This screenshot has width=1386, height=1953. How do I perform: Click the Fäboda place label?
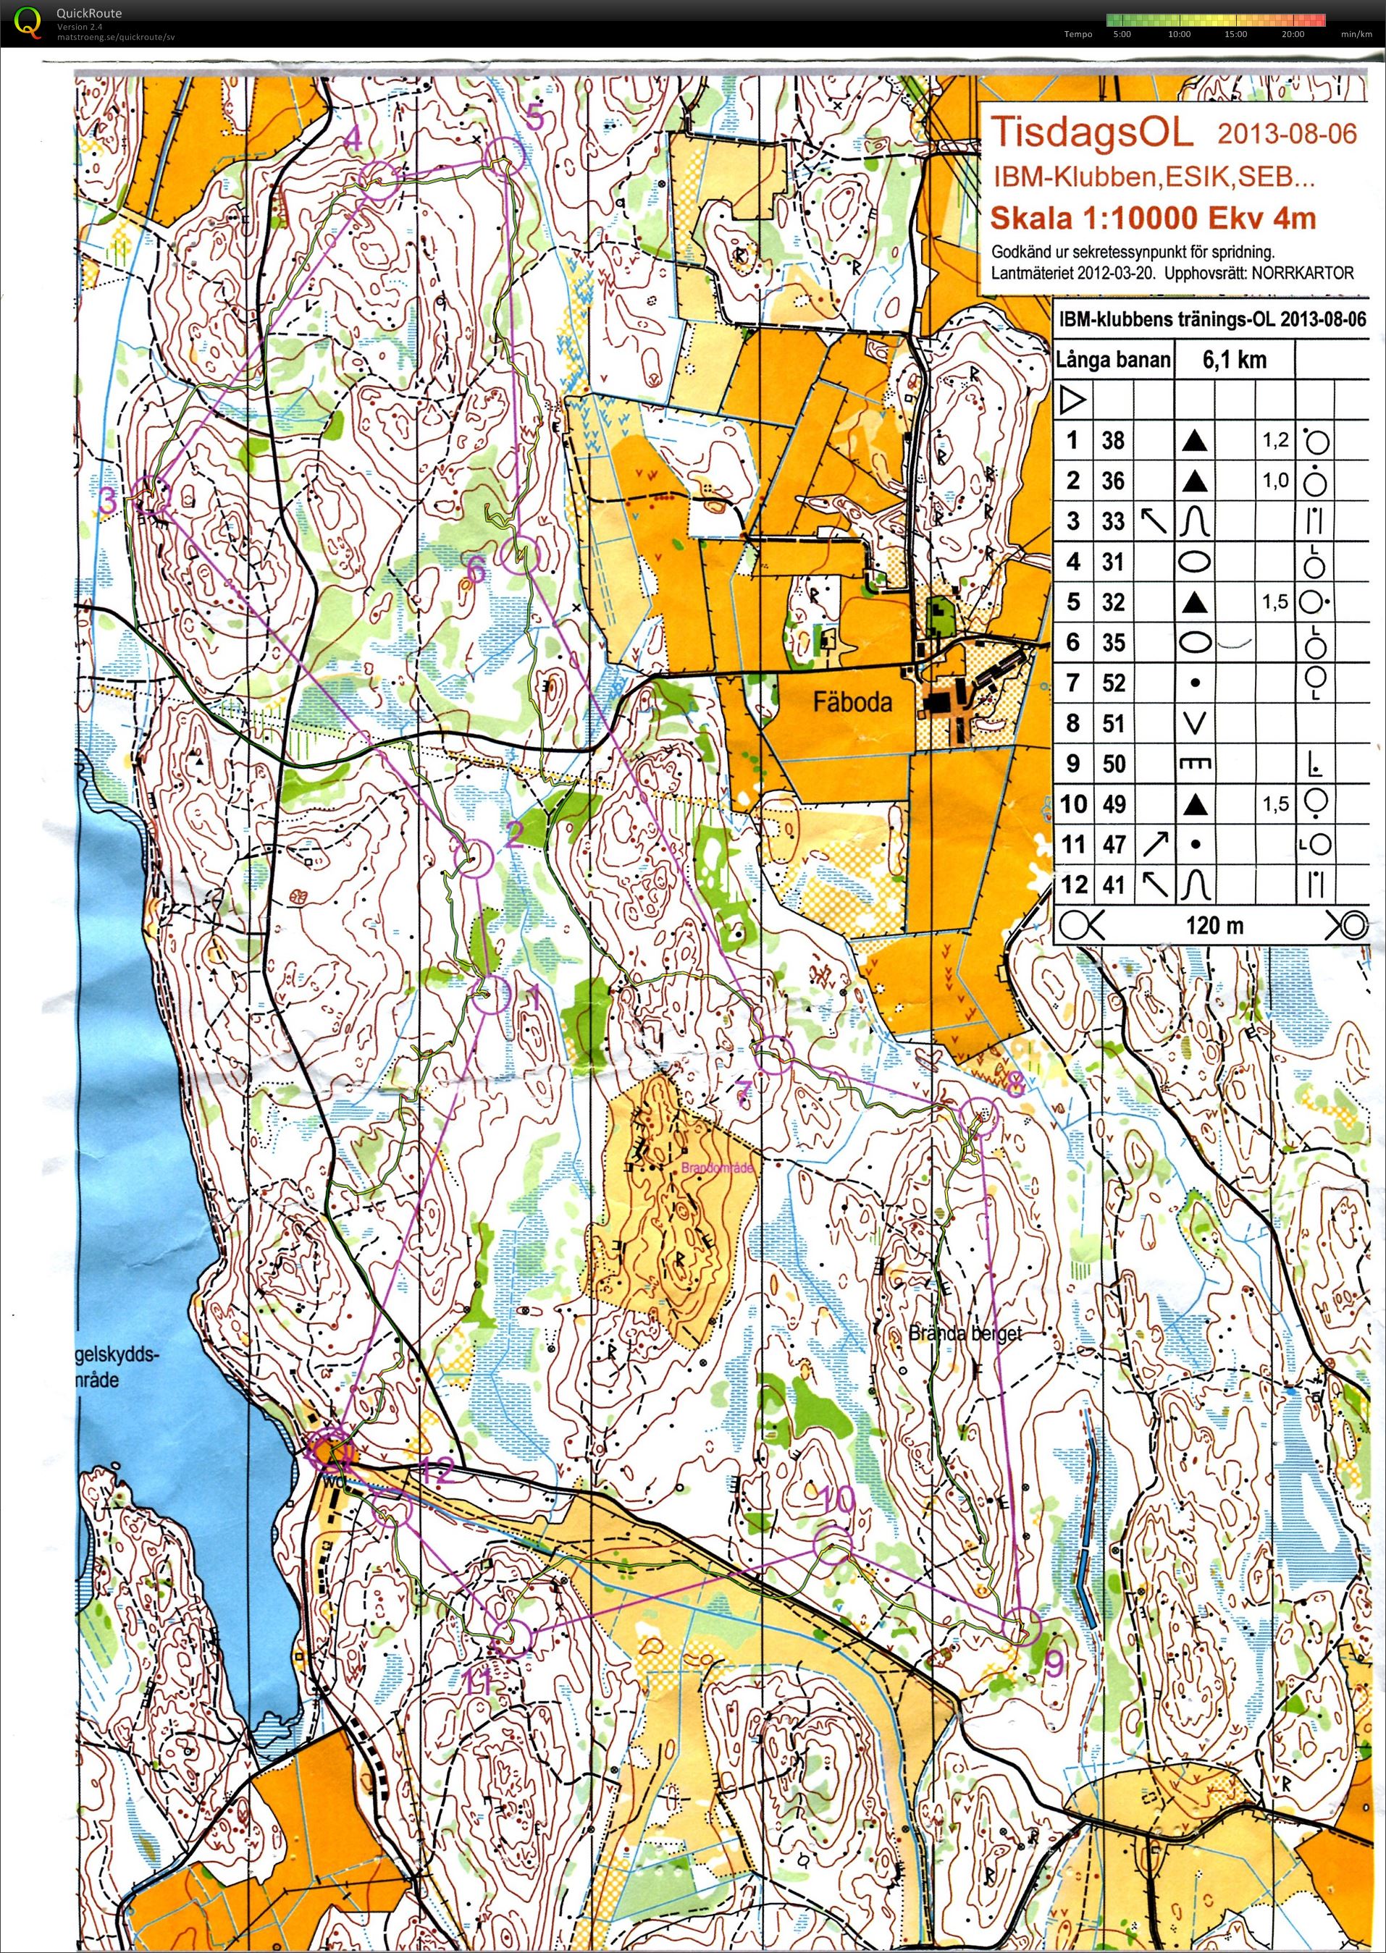point(852,701)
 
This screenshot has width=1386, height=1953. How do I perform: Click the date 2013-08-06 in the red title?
point(1286,134)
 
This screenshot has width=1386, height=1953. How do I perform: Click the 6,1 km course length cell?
point(1234,359)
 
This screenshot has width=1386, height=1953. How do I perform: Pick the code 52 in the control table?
point(1113,683)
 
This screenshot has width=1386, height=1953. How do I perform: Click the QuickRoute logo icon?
point(28,23)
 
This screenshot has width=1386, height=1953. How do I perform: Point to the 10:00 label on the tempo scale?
point(1179,34)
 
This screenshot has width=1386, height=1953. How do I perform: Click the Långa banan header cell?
point(1113,359)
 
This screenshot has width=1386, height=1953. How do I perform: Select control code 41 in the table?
point(1113,885)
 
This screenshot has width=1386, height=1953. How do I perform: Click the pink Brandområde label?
point(717,1168)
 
